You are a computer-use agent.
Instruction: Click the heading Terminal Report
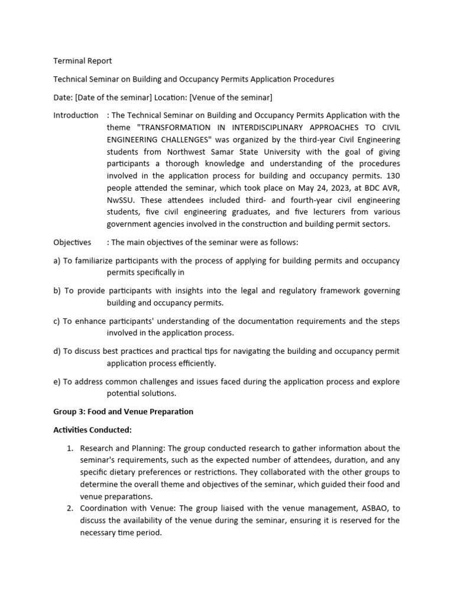pos(83,61)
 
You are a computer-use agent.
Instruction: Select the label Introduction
pos(76,115)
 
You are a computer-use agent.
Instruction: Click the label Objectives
pos(72,242)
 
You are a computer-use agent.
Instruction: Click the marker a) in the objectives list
pos(57,261)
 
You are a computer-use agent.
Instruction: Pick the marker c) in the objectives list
pos(57,321)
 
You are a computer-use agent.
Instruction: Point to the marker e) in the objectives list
pos(57,382)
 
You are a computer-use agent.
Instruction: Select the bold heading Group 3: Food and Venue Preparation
pos(123,411)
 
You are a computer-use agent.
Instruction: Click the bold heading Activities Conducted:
pos(92,430)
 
